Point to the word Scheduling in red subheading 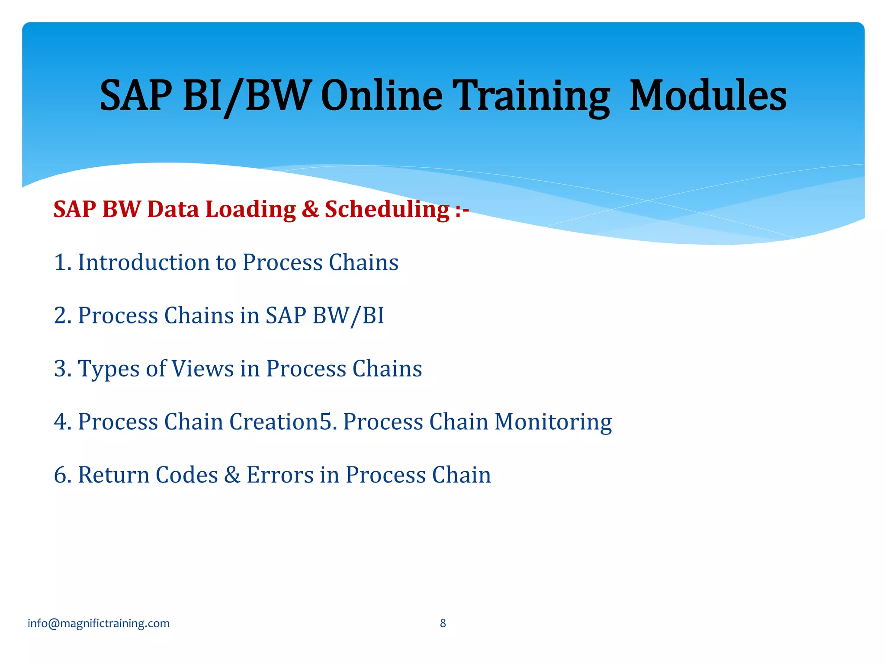coord(387,209)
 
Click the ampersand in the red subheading coord(310,209)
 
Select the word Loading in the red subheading coord(250,209)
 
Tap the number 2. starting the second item coord(63,316)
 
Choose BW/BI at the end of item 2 coord(348,316)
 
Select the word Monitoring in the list coord(553,422)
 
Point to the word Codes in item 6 coord(186,475)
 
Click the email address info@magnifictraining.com coord(99,623)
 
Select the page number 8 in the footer coord(443,623)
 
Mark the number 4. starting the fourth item coord(63,421)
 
